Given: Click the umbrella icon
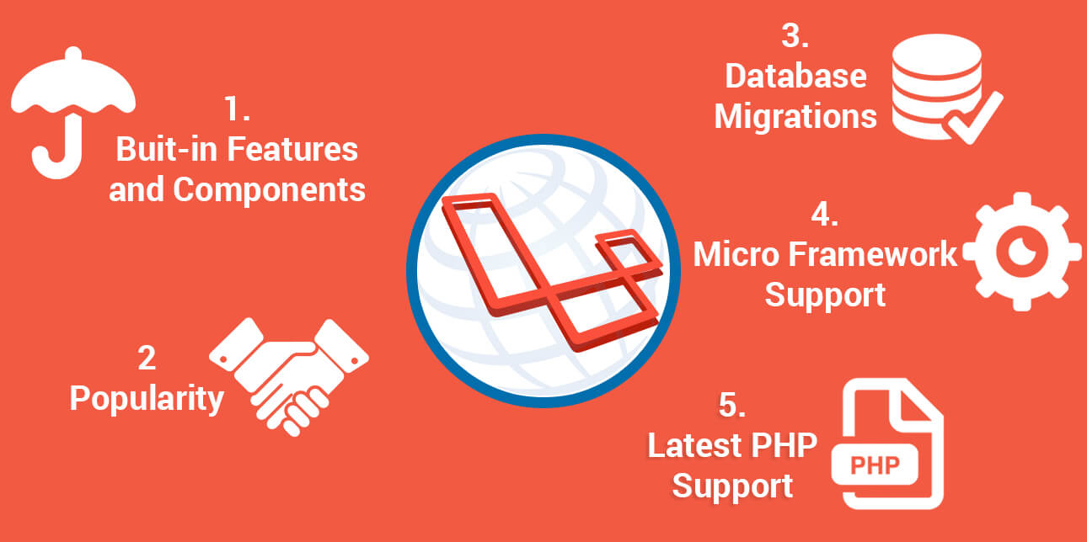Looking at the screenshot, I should pos(73,109).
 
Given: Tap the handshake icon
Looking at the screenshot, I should pos(289,373).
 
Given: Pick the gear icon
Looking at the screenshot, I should pos(1022,252).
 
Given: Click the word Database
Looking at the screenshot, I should pos(795,77).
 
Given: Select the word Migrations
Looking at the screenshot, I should pos(795,117).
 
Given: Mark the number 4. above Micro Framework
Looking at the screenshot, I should pos(825,215).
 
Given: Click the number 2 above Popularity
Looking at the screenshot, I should pos(147,359).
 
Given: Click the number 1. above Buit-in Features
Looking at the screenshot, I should pos(237,109).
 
